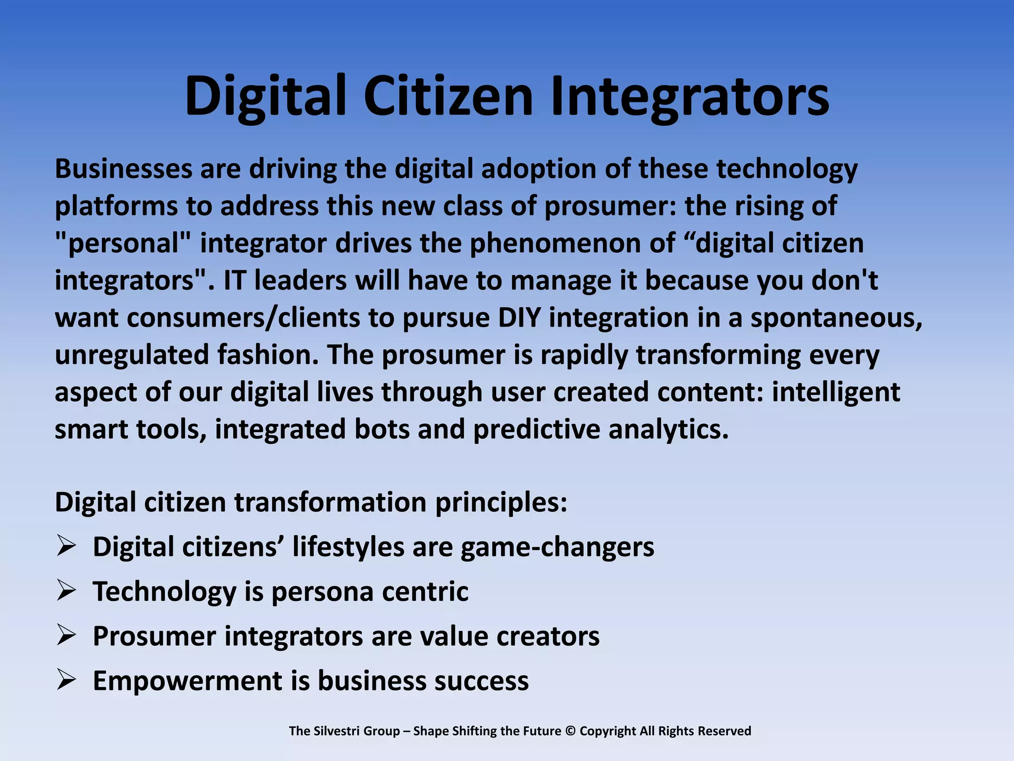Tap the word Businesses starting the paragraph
[x=123, y=169]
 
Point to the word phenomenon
[x=572, y=243]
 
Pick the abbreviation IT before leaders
[x=234, y=280]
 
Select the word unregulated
[x=132, y=355]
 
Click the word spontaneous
[x=836, y=318]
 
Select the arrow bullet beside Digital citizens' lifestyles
[x=66, y=546]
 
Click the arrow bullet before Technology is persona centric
[x=66, y=591]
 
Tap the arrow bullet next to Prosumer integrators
[x=66, y=636]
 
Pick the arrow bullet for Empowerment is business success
[x=66, y=680]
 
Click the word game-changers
[x=557, y=547]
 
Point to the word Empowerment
[x=187, y=681]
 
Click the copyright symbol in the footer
[x=570, y=731]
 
